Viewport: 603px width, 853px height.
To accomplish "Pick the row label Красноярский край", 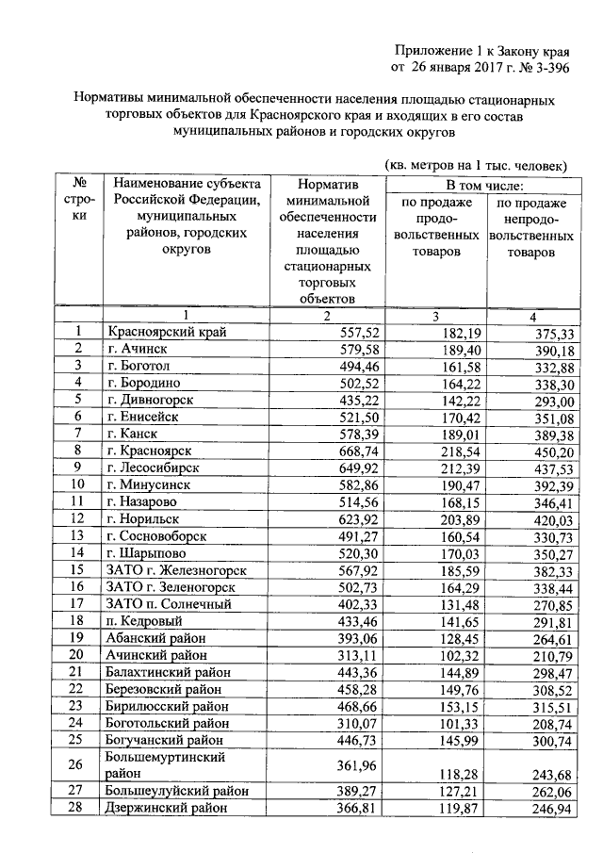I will (x=167, y=332).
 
